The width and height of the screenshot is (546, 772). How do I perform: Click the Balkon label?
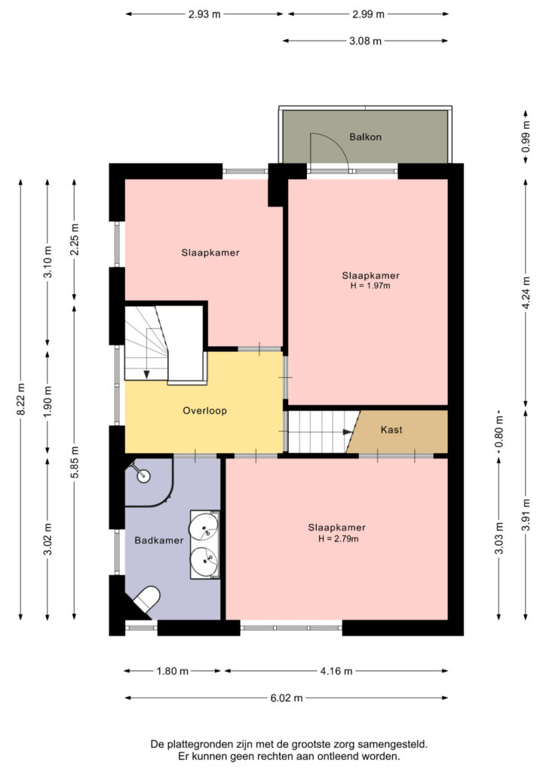[365, 137]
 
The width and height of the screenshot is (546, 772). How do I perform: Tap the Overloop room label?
[205, 411]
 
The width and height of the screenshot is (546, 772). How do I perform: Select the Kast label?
[391, 430]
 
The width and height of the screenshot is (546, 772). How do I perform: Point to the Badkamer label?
[159, 540]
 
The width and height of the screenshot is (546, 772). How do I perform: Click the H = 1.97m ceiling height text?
[370, 286]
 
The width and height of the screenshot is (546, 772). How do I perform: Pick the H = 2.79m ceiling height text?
[338, 538]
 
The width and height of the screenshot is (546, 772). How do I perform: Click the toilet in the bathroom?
[147, 600]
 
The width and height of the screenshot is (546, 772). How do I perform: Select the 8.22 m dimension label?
[21, 399]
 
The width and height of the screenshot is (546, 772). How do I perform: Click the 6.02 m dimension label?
[287, 697]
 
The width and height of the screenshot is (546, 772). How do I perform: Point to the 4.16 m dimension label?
[336, 670]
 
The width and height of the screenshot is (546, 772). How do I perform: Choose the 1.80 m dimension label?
[172, 670]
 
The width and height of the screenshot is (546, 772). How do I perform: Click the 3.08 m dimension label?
[365, 41]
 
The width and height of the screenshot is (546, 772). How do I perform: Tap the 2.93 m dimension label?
[204, 14]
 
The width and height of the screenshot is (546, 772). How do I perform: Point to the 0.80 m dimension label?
[499, 434]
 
